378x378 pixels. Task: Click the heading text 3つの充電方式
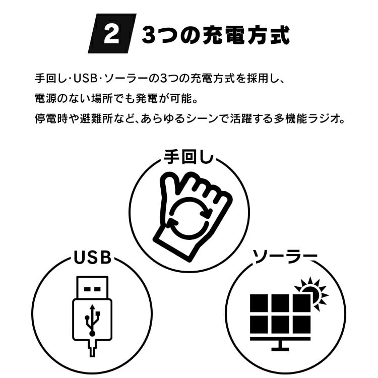(x=215, y=35)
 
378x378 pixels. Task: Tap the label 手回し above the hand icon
(x=188, y=157)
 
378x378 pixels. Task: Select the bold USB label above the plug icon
(x=92, y=257)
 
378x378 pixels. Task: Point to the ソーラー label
(x=284, y=257)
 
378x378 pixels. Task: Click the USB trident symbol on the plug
(x=92, y=320)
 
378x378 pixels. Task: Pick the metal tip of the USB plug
(x=92, y=287)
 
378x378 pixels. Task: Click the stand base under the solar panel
(x=280, y=349)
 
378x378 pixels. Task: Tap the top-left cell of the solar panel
(x=259, y=303)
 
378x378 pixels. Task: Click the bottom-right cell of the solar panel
(x=301, y=325)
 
